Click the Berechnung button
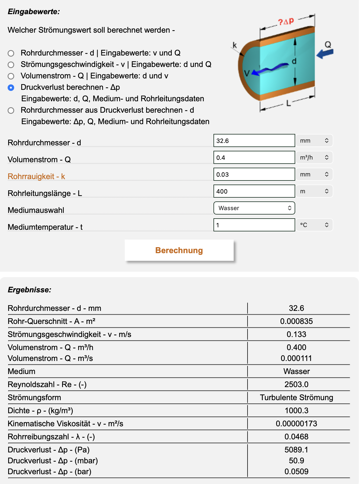[179, 250]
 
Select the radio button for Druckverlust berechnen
[11, 88]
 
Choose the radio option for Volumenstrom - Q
[11, 76]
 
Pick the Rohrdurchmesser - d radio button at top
[11, 53]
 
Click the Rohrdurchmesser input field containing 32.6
[254, 141]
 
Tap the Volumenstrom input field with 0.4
[254, 158]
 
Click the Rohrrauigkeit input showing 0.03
[254, 174]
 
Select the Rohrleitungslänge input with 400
[254, 191]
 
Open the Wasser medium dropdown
[254, 208]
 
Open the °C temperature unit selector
[314, 225]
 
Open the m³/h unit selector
[314, 158]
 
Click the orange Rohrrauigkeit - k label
[36, 176]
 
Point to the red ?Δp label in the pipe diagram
[286, 22]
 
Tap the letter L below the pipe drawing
[288, 103]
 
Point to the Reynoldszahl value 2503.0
[296, 384]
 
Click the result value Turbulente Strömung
[296, 397]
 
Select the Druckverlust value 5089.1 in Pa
[296, 450]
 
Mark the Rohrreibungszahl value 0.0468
[296, 437]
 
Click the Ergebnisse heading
[29, 290]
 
